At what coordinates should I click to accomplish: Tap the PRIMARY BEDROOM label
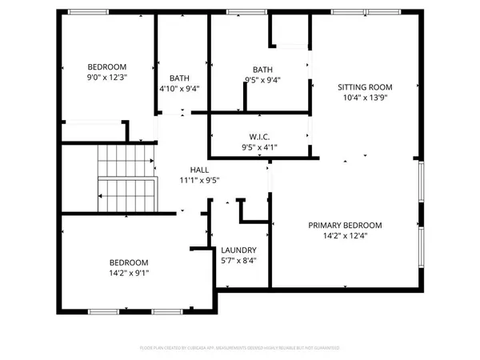pyautogui.click(x=345, y=225)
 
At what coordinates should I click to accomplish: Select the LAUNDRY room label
pyautogui.click(x=238, y=249)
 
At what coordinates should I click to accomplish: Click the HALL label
pyautogui.click(x=199, y=170)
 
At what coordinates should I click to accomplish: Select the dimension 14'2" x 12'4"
pyautogui.click(x=345, y=236)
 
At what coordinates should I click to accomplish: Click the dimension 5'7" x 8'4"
pyautogui.click(x=238, y=260)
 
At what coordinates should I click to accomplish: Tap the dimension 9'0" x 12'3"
pyautogui.click(x=107, y=78)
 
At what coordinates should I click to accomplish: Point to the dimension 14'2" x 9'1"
pyautogui.click(x=129, y=273)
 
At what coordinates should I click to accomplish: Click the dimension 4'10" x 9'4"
pyautogui.click(x=179, y=89)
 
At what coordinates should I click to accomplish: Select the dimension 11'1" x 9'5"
pyautogui.click(x=199, y=181)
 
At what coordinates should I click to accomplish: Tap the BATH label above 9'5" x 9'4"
pyautogui.click(x=262, y=69)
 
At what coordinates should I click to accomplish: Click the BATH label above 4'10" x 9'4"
pyautogui.click(x=179, y=78)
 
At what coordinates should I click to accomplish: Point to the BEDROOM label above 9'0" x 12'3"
pyautogui.click(x=107, y=66)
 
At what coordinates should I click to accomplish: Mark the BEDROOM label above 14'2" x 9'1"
pyautogui.click(x=129, y=262)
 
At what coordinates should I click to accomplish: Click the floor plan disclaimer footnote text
pyautogui.click(x=240, y=348)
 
